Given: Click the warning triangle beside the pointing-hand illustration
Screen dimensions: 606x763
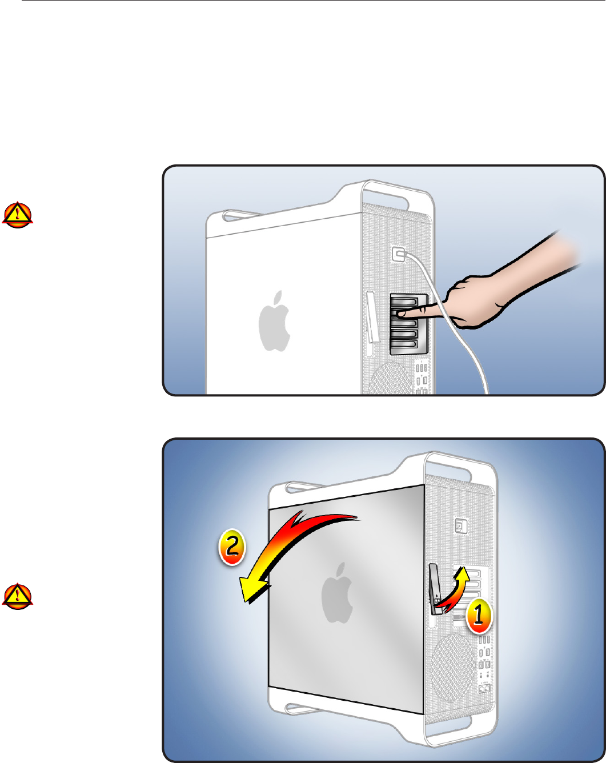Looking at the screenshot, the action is click(x=17, y=215).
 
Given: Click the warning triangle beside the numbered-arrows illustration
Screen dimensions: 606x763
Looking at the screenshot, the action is click(x=17, y=596).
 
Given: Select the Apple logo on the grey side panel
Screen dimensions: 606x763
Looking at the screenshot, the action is click(x=337, y=593).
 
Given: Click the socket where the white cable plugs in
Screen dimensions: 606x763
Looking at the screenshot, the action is click(x=399, y=254).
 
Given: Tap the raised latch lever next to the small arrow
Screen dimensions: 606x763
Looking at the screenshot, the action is click(x=435, y=589).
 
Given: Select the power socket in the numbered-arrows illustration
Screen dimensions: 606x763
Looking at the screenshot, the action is click(x=461, y=526).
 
